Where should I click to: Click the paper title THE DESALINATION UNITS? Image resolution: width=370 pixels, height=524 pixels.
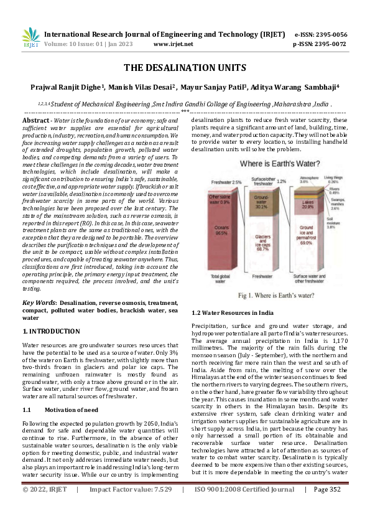(x=185, y=67)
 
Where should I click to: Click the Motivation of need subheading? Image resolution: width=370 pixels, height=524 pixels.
(x=72, y=393)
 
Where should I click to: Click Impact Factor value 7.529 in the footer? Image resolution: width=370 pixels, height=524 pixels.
(x=159, y=507)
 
